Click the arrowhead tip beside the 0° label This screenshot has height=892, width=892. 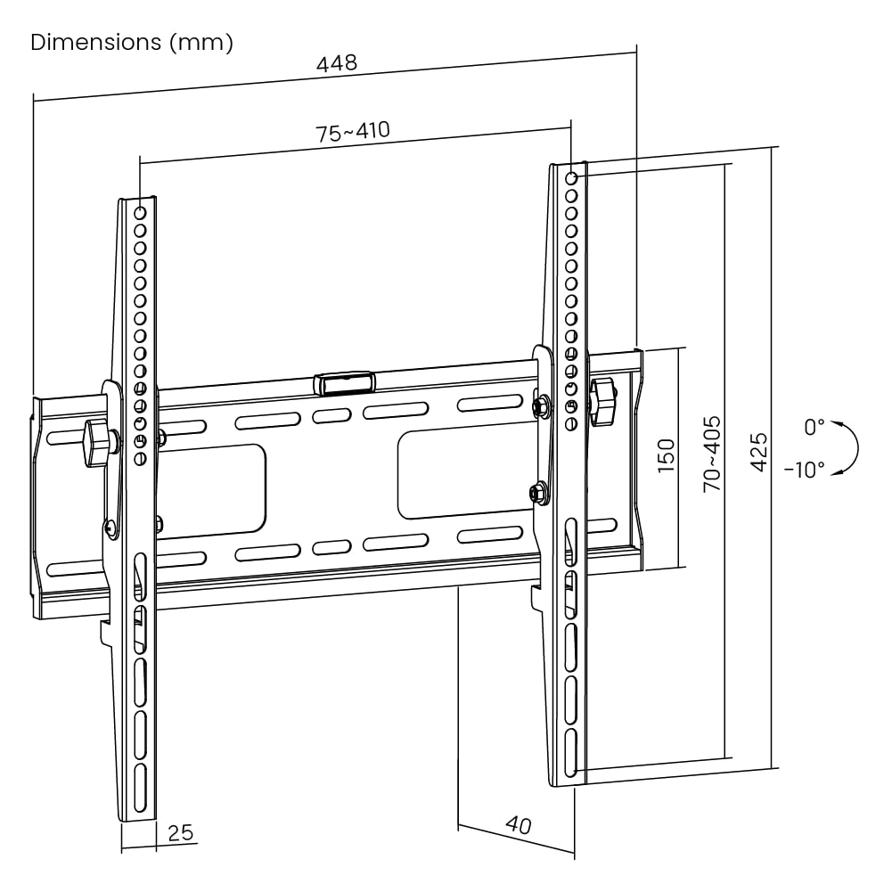[831, 421]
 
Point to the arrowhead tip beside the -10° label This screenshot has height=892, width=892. [831, 474]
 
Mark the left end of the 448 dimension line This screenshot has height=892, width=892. [34, 102]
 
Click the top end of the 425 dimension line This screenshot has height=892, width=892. [772, 147]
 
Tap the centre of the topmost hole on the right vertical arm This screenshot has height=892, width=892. [572, 178]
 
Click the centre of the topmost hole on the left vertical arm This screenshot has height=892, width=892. [140, 213]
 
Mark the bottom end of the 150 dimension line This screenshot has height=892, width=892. [679, 567]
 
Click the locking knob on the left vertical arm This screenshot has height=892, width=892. [98, 443]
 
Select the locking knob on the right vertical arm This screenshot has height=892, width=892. [603, 401]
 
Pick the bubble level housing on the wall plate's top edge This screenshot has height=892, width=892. [344, 383]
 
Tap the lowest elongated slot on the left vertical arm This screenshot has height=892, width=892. [140, 787]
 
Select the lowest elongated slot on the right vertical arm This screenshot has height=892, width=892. [571, 753]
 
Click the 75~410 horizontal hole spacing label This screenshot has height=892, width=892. [353, 132]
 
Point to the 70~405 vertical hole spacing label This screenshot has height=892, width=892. [712, 454]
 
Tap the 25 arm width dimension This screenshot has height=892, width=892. [181, 833]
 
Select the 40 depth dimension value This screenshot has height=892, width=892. [519, 824]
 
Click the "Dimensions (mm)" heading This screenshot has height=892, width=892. [132, 43]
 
